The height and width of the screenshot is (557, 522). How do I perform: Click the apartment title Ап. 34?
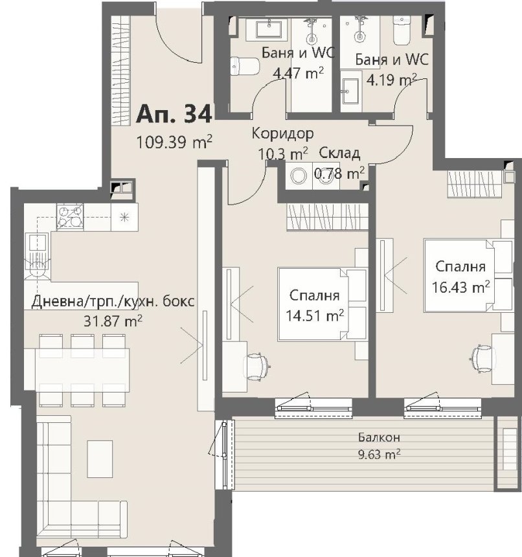174,114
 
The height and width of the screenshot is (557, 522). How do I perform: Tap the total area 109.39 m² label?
174,142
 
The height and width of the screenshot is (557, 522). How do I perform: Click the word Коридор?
282,133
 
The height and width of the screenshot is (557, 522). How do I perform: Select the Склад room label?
339,153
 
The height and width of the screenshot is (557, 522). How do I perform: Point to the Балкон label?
379,437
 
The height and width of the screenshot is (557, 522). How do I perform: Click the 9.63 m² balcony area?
380,454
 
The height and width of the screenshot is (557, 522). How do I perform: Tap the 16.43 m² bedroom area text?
460,287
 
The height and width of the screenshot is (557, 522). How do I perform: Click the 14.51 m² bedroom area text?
315,315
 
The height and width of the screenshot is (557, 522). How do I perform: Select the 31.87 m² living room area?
113,321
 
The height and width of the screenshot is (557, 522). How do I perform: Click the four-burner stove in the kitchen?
70,217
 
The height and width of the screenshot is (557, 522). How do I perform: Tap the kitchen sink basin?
37,243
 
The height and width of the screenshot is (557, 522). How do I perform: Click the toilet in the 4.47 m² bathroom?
245,67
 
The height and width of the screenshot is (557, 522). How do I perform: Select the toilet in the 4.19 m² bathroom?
402,30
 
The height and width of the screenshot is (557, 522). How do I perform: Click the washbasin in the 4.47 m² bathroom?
269,28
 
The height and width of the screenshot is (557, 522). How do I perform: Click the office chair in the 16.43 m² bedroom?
483,359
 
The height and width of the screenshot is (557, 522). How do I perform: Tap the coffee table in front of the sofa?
100,459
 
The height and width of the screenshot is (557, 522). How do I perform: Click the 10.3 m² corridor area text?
282,153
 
